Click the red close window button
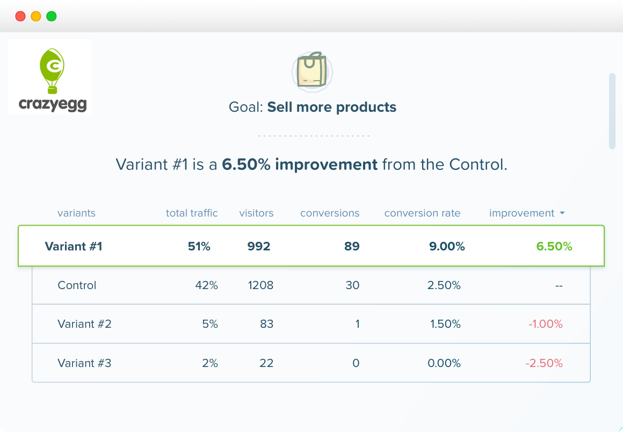pyautogui.click(x=20, y=16)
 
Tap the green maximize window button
pyautogui.click(x=52, y=16)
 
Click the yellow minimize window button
pyautogui.click(x=36, y=16)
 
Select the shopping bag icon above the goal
pyautogui.click(x=312, y=70)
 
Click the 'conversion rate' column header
pyautogui.click(x=422, y=213)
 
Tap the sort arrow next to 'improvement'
pyautogui.click(x=562, y=213)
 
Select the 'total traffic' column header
pyautogui.click(x=192, y=213)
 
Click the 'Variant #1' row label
pyautogui.click(x=74, y=247)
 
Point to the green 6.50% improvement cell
pyautogui.click(x=554, y=247)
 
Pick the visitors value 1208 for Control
pyautogui.click(x=260, y=285)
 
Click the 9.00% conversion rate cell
pyautogui.click(x=447, y=247)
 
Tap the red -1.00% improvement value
pyautogui.click(x=545, y=324)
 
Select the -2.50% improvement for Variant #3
pyautogui.click(x=544, y=363)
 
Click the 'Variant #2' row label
pyautogui.click(x=84, y=324)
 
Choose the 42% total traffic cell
pyautogui.click(x=206, y=285)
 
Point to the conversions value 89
pyautogui.click(x=352, y=247)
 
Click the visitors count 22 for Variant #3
pyautogui.click(x=266, y=363)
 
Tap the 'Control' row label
pyautogui.click(x=77, y=285)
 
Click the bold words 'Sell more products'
pyautogui.click(x=331, y=107)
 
